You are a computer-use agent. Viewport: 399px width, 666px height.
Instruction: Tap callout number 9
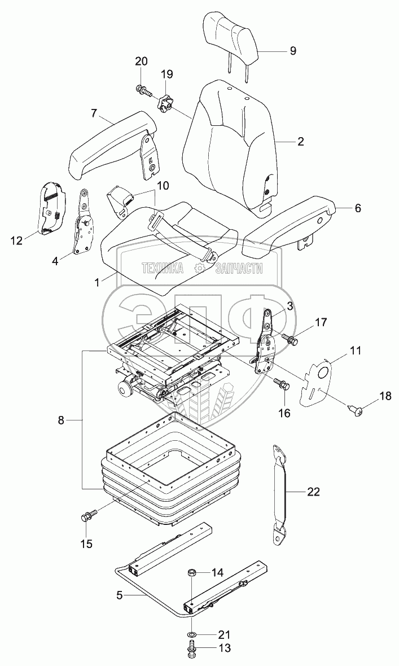click(x=293, y=51)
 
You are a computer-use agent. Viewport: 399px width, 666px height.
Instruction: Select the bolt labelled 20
click(x=141, y=88)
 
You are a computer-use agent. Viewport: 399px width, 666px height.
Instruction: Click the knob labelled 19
click(x=164, y=103)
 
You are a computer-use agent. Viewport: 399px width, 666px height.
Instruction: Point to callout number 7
click(x=94, y=113)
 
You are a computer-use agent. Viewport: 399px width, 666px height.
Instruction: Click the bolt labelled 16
click(x=282, y=384)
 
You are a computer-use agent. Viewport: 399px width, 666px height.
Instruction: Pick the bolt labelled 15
click(x=89, y=515)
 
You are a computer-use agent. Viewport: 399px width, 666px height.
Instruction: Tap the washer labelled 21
click(x=192, y=635)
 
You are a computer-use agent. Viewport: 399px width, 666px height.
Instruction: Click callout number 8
click(x=62, y=419)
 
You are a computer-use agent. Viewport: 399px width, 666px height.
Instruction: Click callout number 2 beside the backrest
click(x=300, y=142)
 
